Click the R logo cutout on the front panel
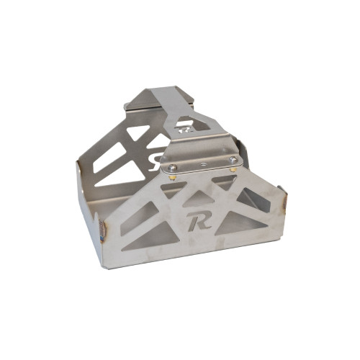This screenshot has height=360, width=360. click(x=198, y=220)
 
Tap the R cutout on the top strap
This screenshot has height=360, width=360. click(x=183, y=130)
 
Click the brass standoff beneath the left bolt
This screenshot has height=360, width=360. click(x=174, y=178)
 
